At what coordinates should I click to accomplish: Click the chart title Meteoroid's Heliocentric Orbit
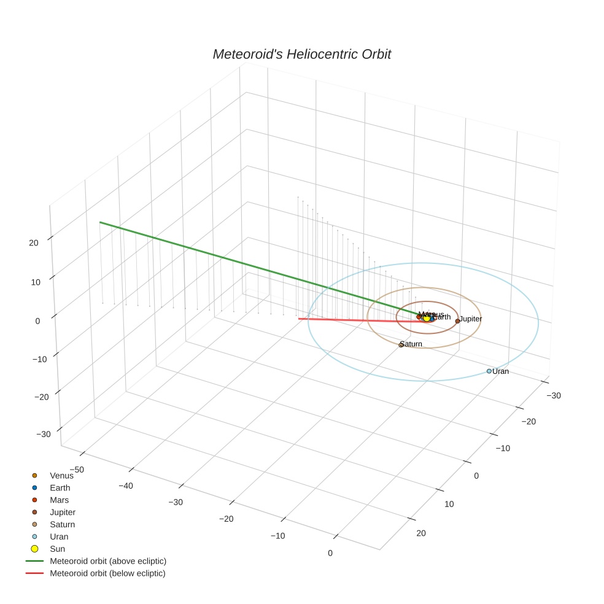[x=301, y=54]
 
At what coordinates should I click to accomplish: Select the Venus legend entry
[x=61, y=475]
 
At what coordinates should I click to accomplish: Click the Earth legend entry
[x=60, y=487]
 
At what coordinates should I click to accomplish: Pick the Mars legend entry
[x=60, y=500]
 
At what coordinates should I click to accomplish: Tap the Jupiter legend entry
[x=63, y=512]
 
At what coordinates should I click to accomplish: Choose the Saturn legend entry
[x=62, y=524]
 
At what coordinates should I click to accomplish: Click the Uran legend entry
[x=59, y=536]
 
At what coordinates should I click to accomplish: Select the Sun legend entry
[x=57, y=549]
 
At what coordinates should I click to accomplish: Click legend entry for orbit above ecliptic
[x=108, y=561]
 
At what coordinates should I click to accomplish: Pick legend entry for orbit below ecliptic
[x=107, y=573]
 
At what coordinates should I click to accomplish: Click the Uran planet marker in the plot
[x=489, y=371]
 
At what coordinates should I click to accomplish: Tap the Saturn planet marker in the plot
[x=401, y=345]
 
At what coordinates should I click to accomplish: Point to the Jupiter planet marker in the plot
[x=457, y=321]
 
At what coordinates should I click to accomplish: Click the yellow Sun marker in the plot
[x=427, y=318]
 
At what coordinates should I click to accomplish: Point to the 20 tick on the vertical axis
[x=33, y=242]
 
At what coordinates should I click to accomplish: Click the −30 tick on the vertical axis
[x=43, y=435]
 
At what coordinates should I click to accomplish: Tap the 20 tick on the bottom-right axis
[x=421, y=533]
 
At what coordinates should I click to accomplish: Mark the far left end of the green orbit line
[x=100, y=222]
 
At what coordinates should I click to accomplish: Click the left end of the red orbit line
[x=299, y=319]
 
